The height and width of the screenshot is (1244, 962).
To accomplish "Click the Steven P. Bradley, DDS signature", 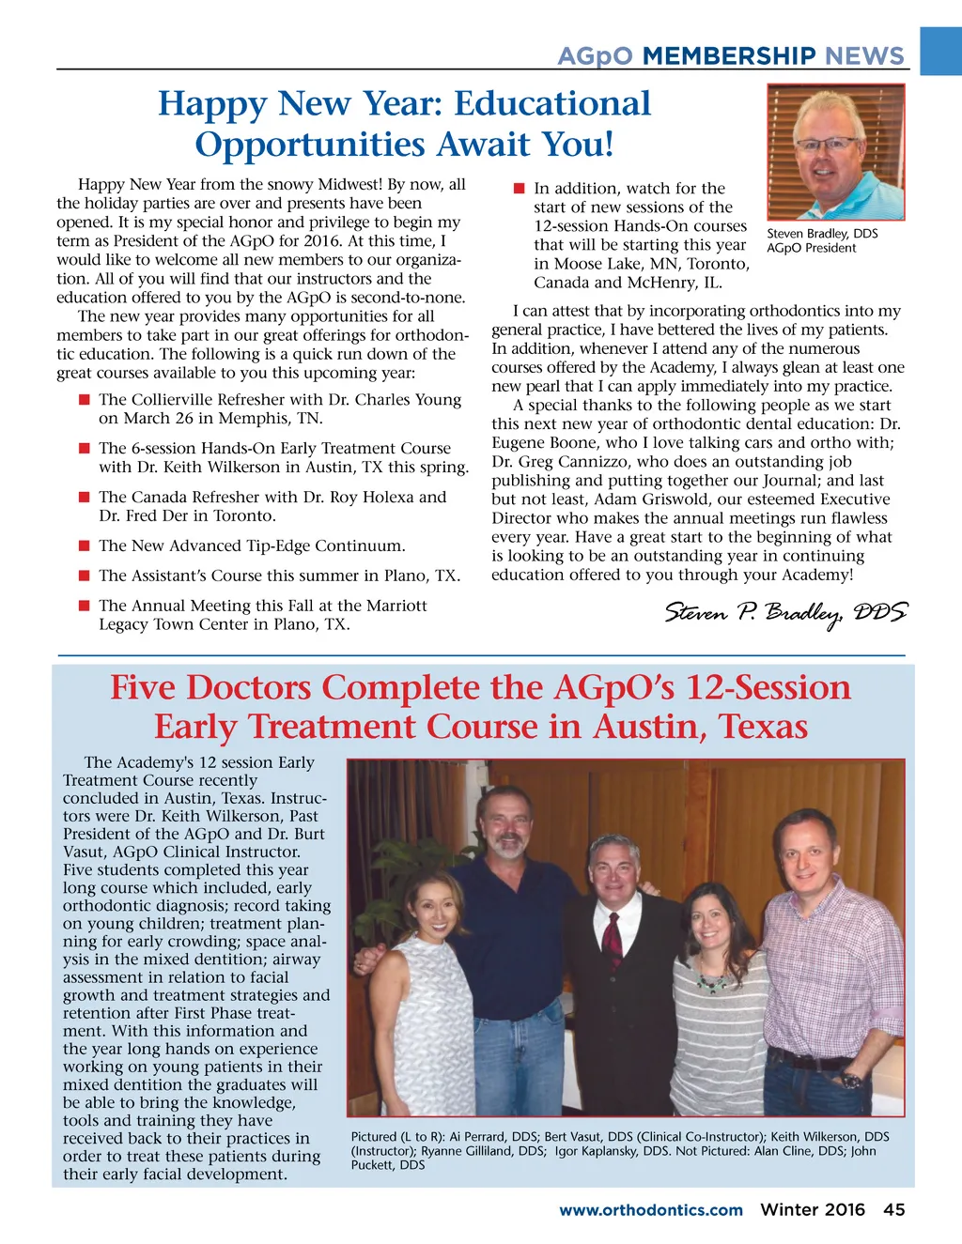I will point(785,613).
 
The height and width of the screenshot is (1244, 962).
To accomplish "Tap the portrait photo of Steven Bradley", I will point(835,152).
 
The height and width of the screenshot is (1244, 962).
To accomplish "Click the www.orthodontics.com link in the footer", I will point(650,1210).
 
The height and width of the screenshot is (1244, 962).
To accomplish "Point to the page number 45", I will point(893,1209).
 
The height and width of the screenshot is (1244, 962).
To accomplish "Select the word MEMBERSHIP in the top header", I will point(729,56).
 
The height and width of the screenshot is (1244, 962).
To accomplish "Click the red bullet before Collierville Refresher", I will point(85,400).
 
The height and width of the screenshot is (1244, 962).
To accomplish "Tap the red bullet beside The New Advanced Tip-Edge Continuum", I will point(85,545).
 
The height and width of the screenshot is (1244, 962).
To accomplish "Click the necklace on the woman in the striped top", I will point(710,981).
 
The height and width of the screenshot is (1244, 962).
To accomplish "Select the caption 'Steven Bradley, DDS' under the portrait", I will point(822,234).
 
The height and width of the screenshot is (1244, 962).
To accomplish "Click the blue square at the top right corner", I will point(940,51).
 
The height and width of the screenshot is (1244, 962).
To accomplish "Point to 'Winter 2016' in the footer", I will point(812,1209).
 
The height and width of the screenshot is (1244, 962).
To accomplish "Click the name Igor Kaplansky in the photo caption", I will point(597,1151).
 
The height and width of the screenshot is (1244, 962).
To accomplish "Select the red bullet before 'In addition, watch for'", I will point(519,188).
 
